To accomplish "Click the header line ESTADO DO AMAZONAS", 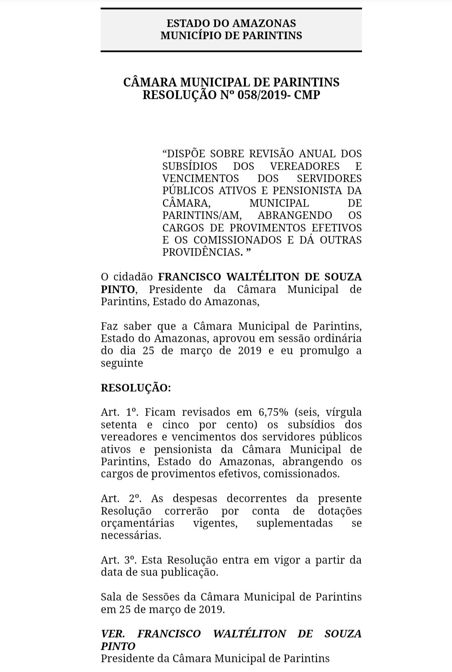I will coord(231,23).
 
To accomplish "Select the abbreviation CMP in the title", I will coord(307,95).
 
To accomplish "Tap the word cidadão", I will coord(132,277).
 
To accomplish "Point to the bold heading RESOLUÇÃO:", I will coord(136,388).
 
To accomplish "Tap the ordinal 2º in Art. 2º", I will coord(134,499).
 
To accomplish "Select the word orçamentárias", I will coord(138,523).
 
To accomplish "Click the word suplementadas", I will coord(295,523).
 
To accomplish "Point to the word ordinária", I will coord(335,338).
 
